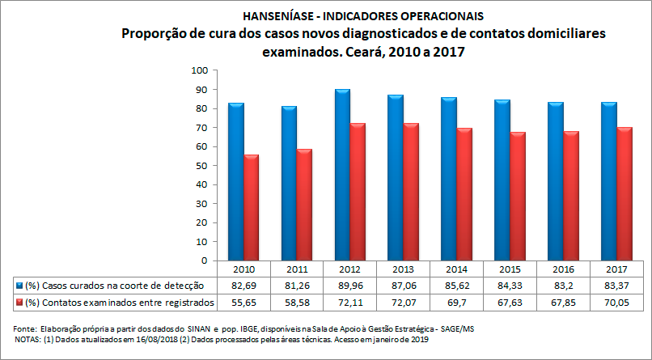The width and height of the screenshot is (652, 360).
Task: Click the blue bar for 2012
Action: pyautogui.click(x=341, y=175)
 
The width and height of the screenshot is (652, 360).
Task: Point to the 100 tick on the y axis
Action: pyautogui.click(x=197, y=70)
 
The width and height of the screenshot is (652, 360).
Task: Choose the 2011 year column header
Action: pyautogui.click(x=295, y=269)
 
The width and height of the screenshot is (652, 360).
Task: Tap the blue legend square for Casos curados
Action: pyautogui.click(x=18, y=286)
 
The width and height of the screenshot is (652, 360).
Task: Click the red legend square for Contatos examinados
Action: pyautogui.click(x=18, y=303)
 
